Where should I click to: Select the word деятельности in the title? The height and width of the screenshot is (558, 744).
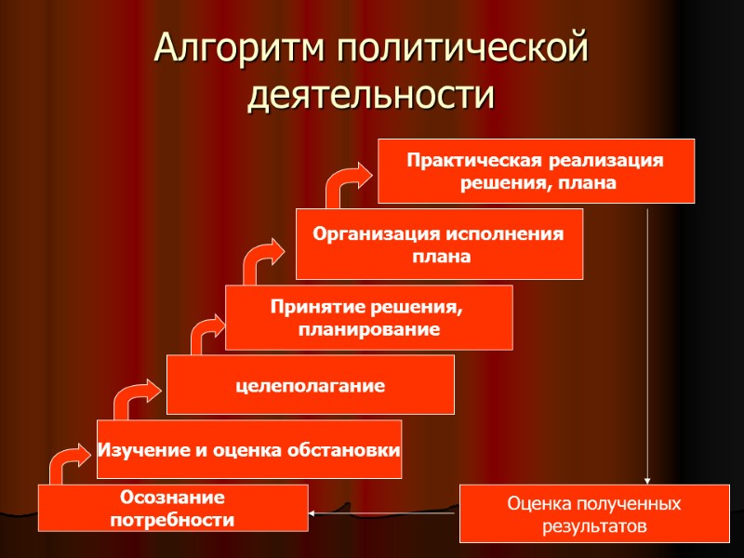[x=371, y=96]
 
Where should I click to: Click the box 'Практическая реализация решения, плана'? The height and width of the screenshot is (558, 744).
[x=536, y=171]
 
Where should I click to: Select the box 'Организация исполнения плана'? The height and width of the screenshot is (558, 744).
[x=439, y=244]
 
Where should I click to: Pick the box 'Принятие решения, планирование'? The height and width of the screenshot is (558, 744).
[x=368, y=317]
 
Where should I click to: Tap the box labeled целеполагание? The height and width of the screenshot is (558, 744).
[x=310, y=384]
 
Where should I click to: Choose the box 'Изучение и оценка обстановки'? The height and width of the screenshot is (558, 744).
[x=249, y=449]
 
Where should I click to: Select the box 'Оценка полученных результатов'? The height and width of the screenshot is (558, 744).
[x=593, y=514]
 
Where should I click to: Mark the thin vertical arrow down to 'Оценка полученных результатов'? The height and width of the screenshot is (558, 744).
[x=646, y=344]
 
